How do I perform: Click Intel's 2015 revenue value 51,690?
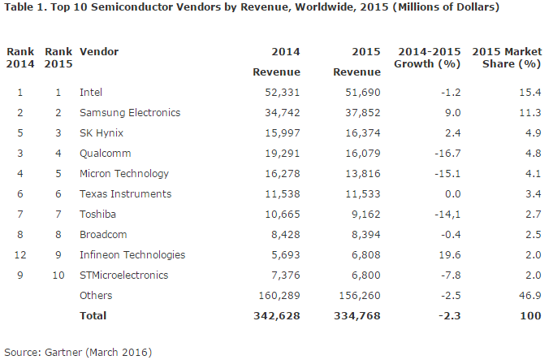[363, 93]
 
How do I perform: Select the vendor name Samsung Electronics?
[130, 113]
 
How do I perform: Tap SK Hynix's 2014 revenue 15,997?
[283, 133]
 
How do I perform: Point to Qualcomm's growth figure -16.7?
[451, 154]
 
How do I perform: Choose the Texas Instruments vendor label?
[126, 194]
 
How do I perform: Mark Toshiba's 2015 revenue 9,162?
[366, 215]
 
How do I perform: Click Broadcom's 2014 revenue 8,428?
[286, 235]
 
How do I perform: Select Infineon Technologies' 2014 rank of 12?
[20, 255]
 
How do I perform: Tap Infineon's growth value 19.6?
[450, 255]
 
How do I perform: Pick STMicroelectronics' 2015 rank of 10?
[58, 275]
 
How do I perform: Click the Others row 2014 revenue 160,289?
[279, 296]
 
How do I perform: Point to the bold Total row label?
[93, 315]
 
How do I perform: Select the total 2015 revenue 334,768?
[357, 315]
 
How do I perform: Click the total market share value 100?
[531, 315]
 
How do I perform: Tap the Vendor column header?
[99, 52]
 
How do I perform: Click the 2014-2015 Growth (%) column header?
[427, 58]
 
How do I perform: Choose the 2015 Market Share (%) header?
[507, 58]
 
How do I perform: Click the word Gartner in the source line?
[63, 352]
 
